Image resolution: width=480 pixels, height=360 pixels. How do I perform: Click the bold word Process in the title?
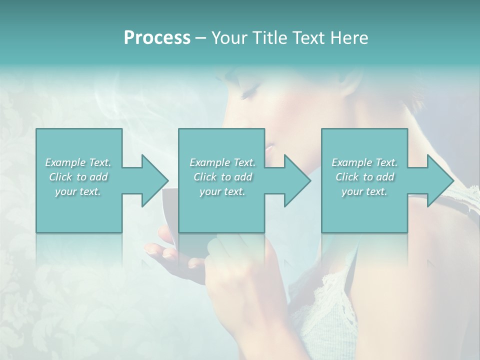click(157, 38)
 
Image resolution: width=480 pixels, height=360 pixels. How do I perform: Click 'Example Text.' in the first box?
click(78, 162)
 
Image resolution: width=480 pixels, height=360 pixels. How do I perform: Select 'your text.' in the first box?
click(78, 191)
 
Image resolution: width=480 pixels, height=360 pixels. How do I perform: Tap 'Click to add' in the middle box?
click(222, 177)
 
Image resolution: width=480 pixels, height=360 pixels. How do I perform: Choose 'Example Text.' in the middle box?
click(222, 162)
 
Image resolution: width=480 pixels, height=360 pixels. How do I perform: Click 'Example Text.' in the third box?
click(364, 162)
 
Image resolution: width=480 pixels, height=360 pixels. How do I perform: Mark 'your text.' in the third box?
click(364, 191)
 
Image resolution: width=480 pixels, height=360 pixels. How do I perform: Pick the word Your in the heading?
click(228, 38)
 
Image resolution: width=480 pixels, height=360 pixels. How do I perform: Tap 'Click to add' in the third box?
click(364, 177)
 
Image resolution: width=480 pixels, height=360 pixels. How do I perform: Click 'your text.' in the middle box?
click(222, 191)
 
